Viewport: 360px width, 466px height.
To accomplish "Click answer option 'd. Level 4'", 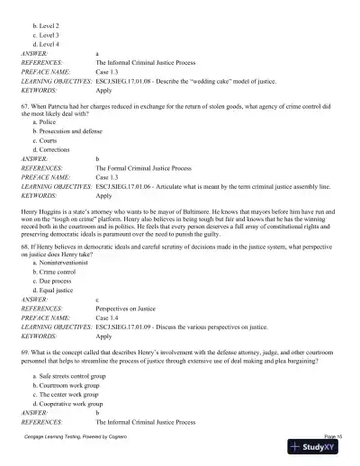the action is [x=46, y=43].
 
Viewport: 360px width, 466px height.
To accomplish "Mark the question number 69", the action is [x=26, y=344].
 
